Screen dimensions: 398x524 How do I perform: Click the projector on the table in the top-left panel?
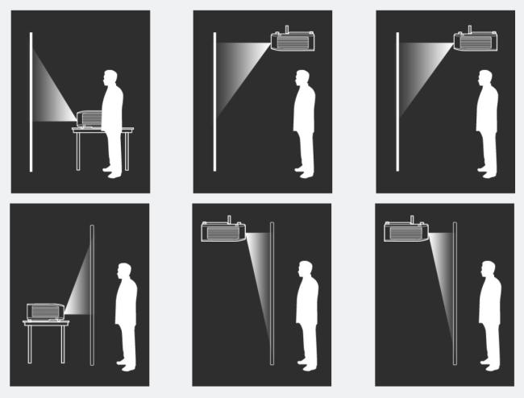tap(90, 118)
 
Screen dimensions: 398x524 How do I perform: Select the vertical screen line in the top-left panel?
tap(31, 102)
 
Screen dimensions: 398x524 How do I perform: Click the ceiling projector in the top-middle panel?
tap(292, 40)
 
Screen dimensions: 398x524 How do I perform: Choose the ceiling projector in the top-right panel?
tap(475, 40)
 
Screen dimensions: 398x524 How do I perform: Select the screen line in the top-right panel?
tap(397, 102)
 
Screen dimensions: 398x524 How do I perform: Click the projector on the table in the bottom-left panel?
tap(45, 311)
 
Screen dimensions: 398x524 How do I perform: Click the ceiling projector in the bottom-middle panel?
tap(222, 231)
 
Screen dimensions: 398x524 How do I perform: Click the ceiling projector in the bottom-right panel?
tap(406, 231)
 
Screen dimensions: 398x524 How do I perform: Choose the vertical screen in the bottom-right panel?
tap(455, 294)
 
